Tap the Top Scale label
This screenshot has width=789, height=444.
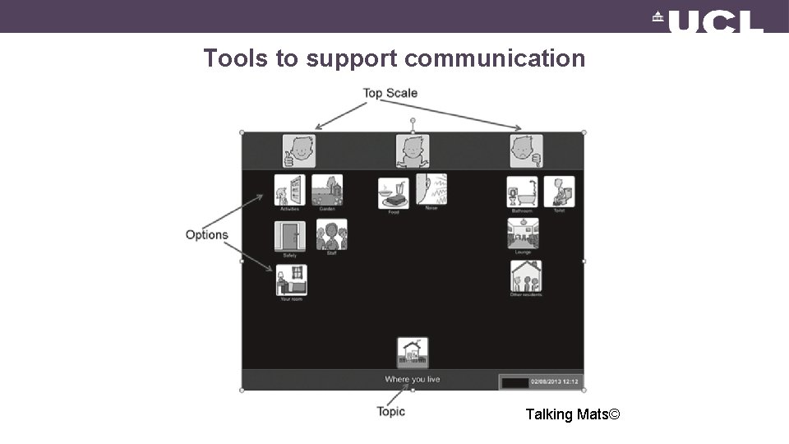[x=390, y=93]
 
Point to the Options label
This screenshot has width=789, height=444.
[x=206, y=235]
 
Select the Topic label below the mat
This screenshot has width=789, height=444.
[x=391, y=411]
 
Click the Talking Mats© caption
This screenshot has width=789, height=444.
[x=573, y=414]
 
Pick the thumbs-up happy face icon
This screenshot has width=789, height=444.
[x=299, y=151]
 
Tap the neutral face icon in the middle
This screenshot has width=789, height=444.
[x=413, y=151]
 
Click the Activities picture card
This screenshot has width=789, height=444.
[x=289, y=191]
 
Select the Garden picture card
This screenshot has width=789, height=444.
[x=327, y=191]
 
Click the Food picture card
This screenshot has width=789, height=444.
[x=393, y=194]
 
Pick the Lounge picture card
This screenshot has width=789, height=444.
[x=523, y=234]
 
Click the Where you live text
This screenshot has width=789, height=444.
[x=413, y=379]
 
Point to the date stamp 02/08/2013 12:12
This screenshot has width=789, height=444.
[x=554, y=382]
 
